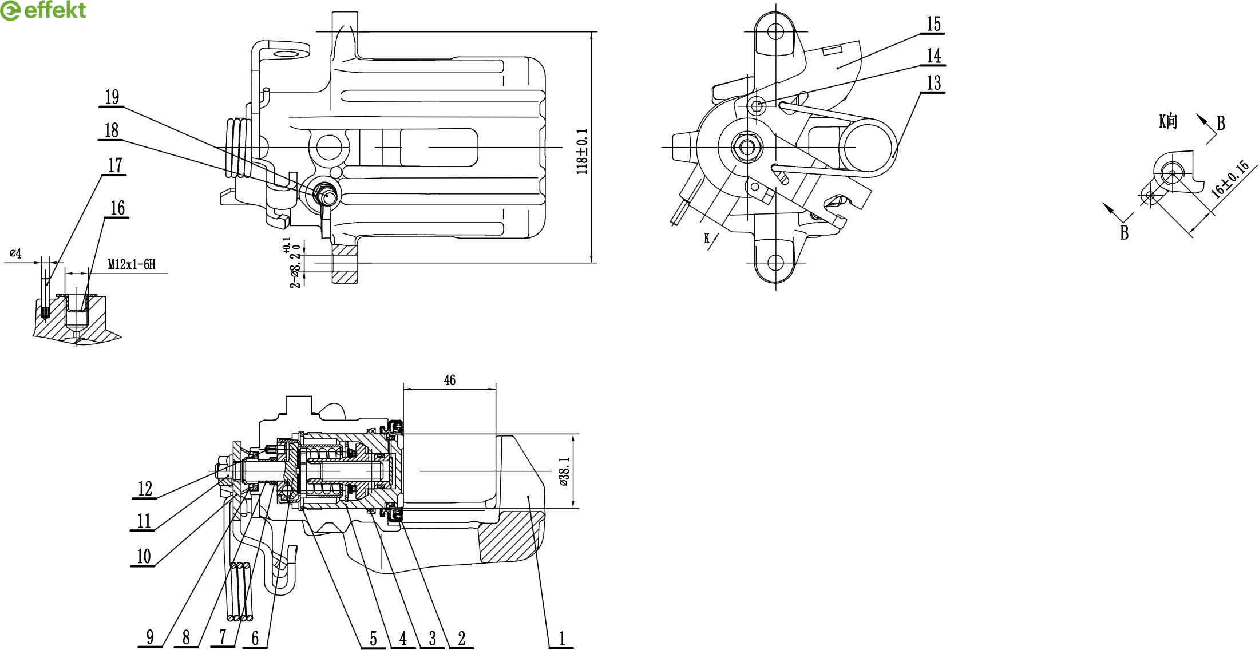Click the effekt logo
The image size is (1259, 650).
pyautogui.click(x=43, y=10)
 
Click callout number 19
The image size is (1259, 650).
pyautogui.click(x=112, y=97)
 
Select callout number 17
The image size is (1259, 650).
pyautogui.click(x=115, y=165)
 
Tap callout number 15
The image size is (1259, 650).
pyautogui.click(x=933, y=25)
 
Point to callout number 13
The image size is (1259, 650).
pyautogui.click(x=934, y=83)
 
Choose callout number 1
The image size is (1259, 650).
pyautogui.click(x=562, y=638)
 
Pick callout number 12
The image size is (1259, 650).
pyautogui.click(x=145, y=489)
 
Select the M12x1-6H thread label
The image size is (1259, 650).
pyautogui.click(x=132, y=264)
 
